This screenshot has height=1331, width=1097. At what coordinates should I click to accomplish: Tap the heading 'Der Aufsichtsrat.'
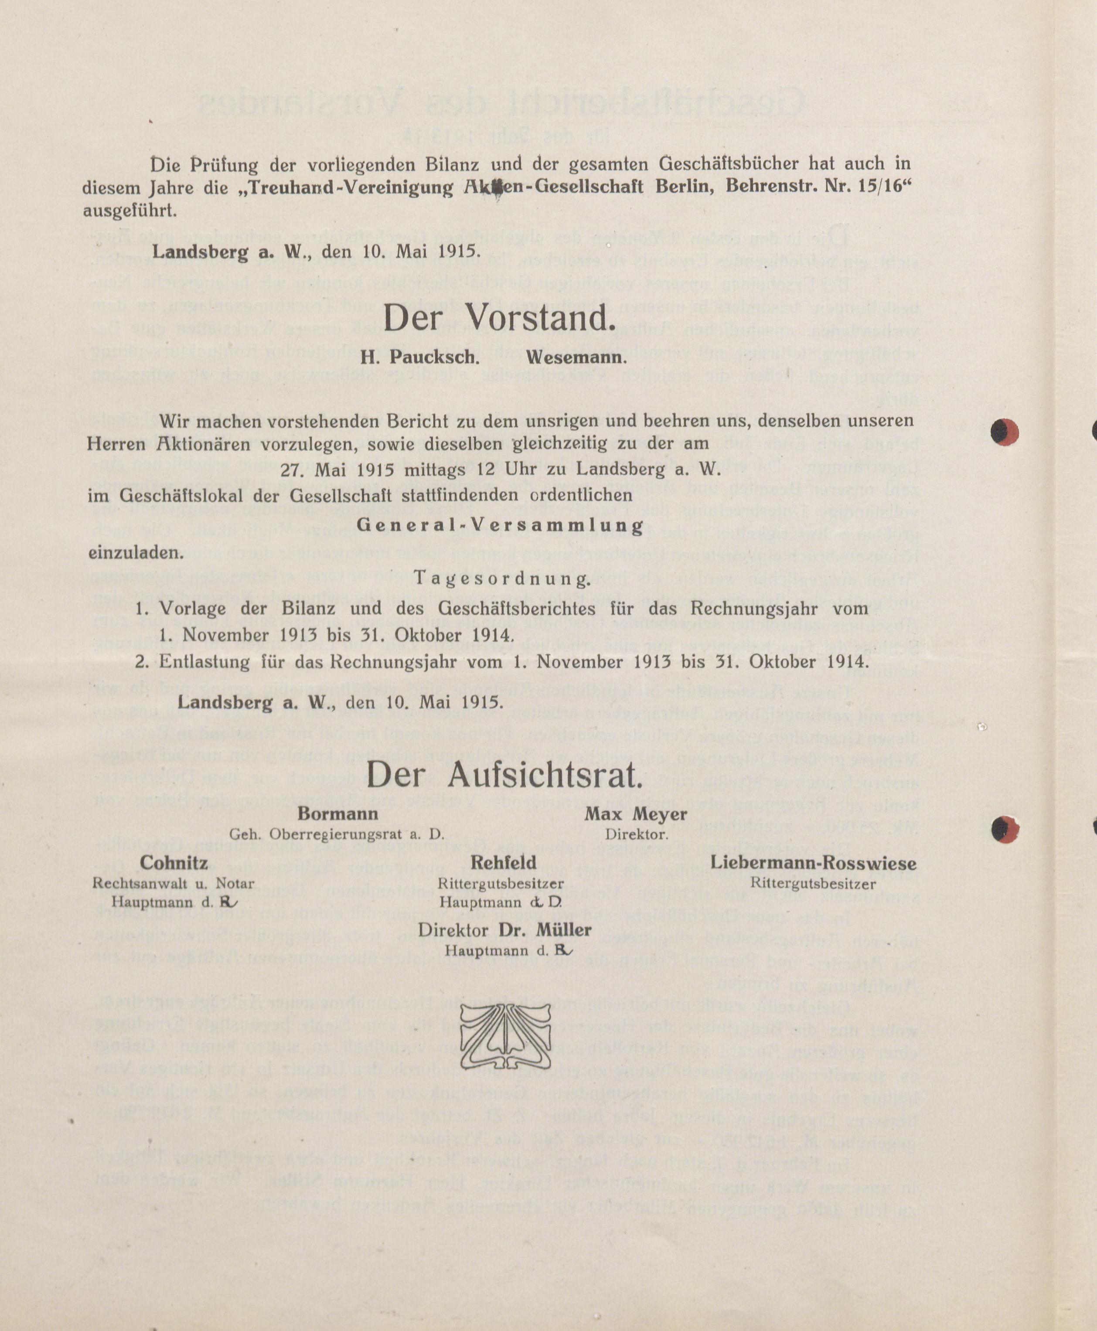tap(504, 776)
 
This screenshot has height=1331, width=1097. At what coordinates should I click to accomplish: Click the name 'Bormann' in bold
tap(337, 813)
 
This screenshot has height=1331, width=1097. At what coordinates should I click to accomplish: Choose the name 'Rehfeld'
tap(503, 862)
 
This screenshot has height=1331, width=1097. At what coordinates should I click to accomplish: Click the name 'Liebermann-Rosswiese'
tap(813, 862)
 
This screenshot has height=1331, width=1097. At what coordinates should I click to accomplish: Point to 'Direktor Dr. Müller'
tap(504, 930)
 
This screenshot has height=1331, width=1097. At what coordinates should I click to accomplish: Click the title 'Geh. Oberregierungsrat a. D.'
tap(337, 834)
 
